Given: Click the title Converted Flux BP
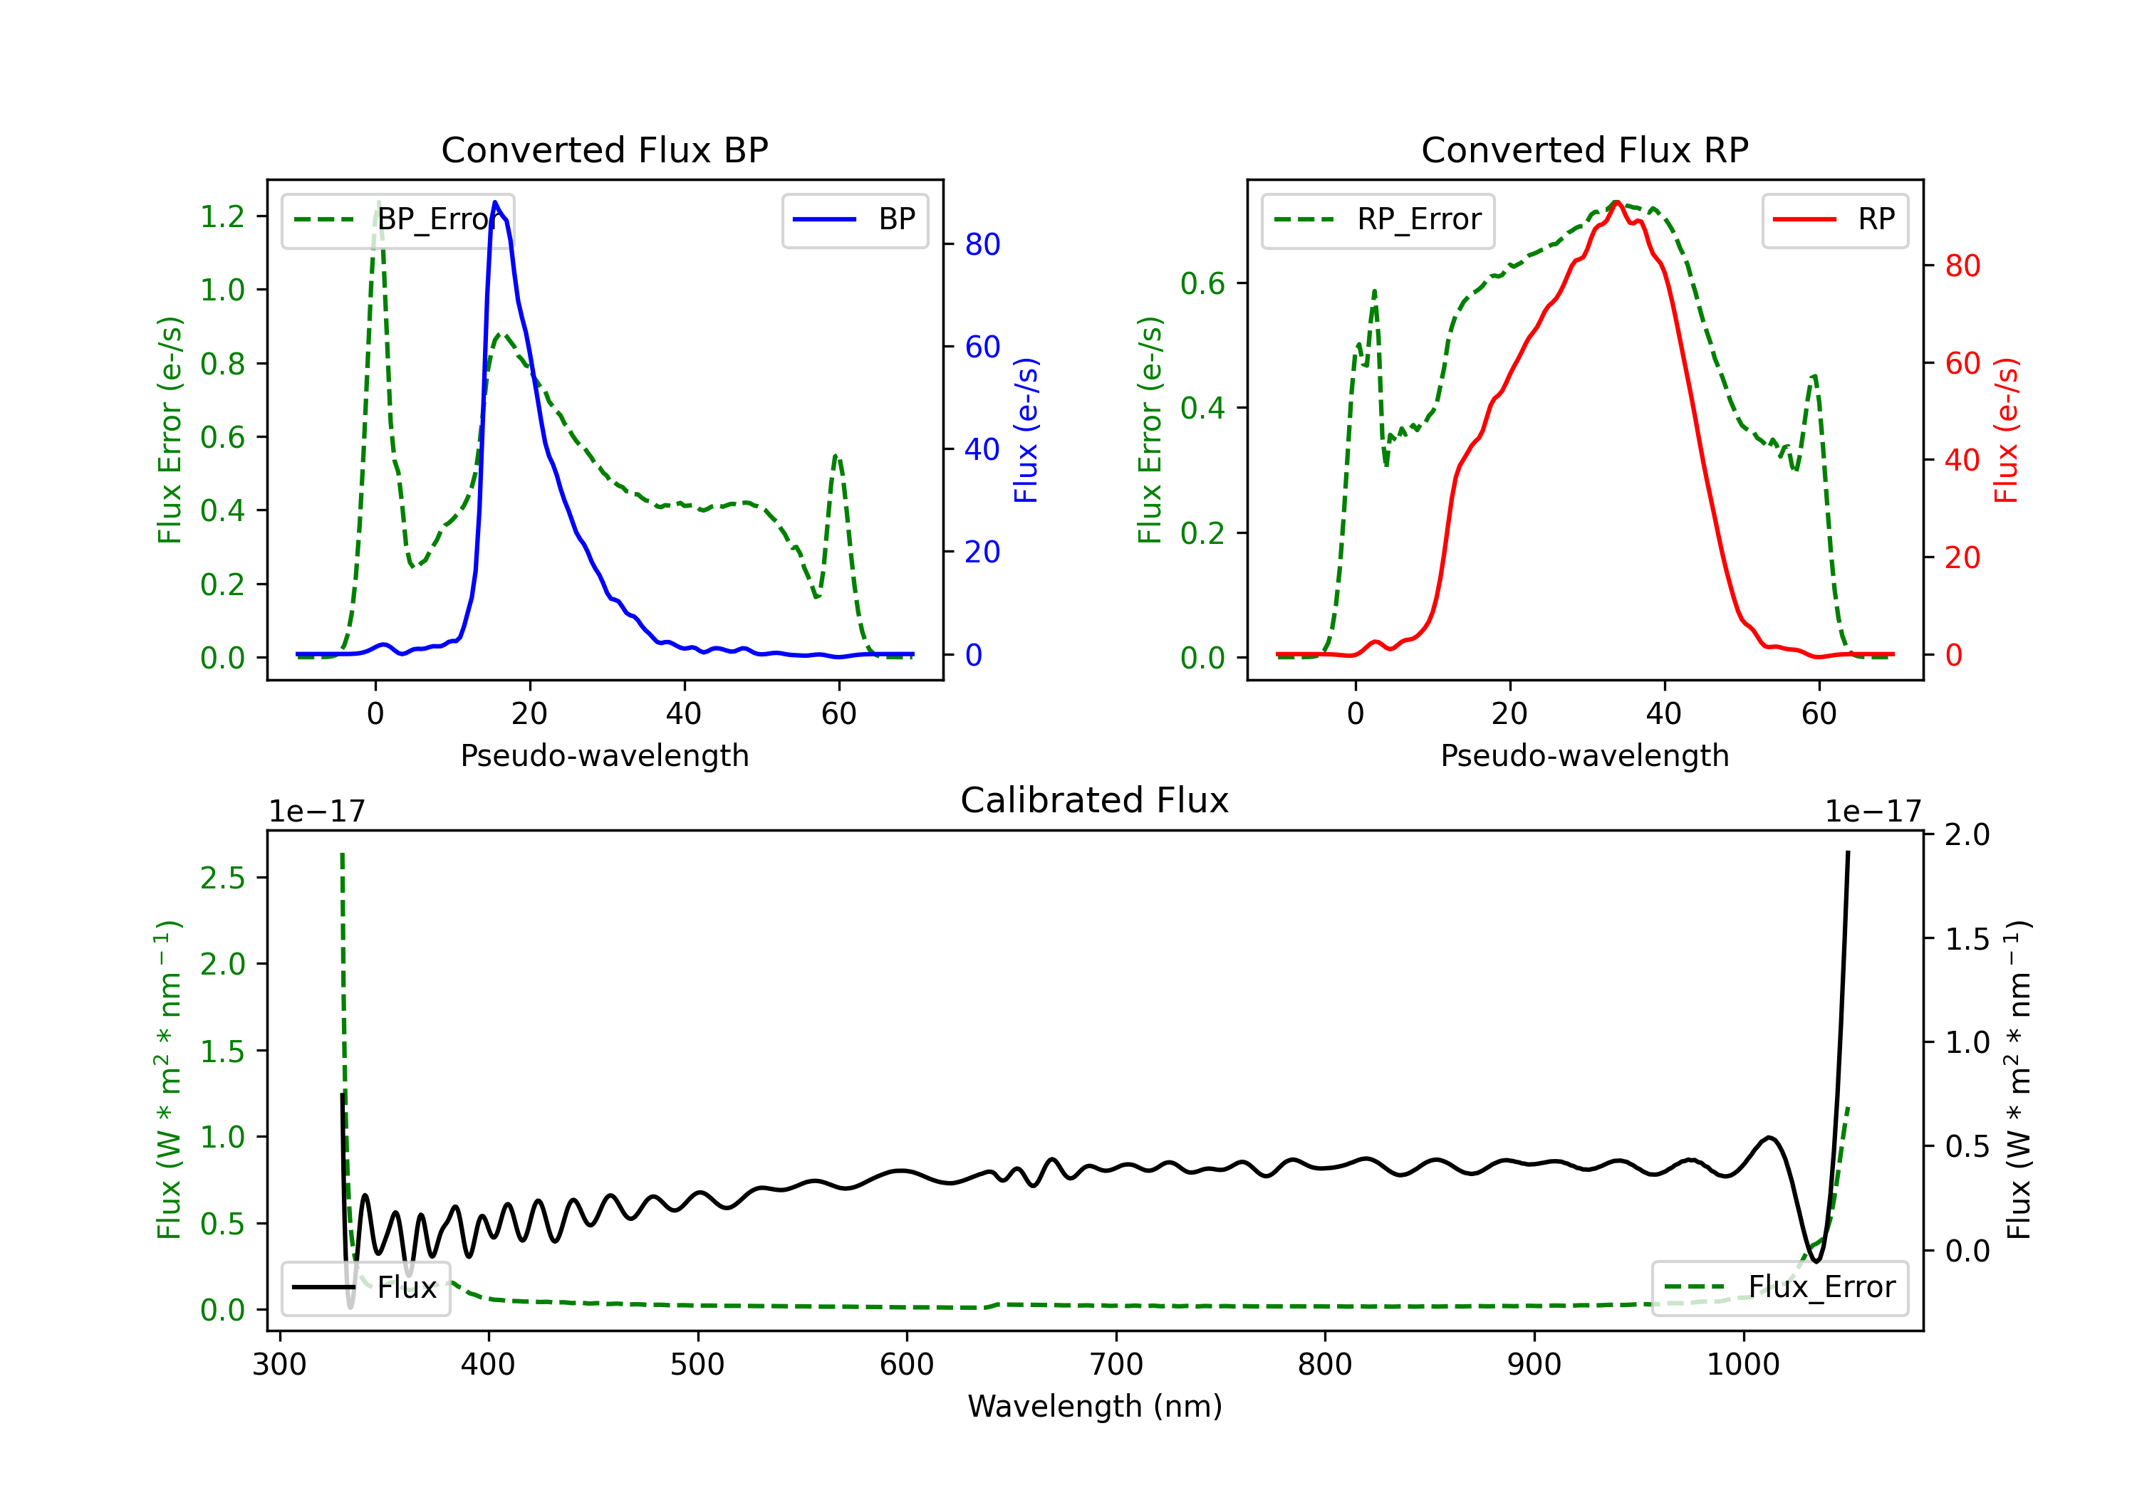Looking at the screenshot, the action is pyautogui.click(x=604, y=149).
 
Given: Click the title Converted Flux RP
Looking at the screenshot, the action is pyautogui.click(x=1584, y=149).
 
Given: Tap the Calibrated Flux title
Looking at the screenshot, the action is pyautogui.click(x=1095, y=800).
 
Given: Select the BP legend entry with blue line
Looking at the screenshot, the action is pyautogui.click(x=854, y=219).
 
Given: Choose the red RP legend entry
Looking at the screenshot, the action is pyautogui.click(x=1834, y=219).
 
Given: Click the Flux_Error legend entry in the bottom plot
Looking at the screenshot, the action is pyautogui.click(x=1779, y=1288).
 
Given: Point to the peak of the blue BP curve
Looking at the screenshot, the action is pyautogui.click(x=495, y=202).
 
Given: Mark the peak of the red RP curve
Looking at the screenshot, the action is pyautogui.click(x=1618, y=202).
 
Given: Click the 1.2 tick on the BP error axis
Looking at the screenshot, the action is pyautogui.click(x=222, y=216).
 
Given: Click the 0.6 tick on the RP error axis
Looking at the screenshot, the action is pyautogui.click(x=1202, y=284).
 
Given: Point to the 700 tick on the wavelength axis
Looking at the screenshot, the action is pyautogui.click(x=1116, y=1365).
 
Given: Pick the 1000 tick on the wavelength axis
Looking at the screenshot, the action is pyautogui.click(x=1743, y=1365).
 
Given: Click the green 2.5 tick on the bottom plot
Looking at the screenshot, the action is pyautogui.click(x=222, y=878).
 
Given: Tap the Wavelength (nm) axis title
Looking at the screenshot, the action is pyautogui.click(x=1095, y=1407).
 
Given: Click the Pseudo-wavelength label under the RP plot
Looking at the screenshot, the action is pyautogui.click(x=1584, y=755).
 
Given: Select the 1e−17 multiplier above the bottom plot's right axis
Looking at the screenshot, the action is pyautogui.click(x=1873, y=812).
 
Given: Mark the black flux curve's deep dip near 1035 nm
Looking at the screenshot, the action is pyautogui.click(x=1815, y=1261).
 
